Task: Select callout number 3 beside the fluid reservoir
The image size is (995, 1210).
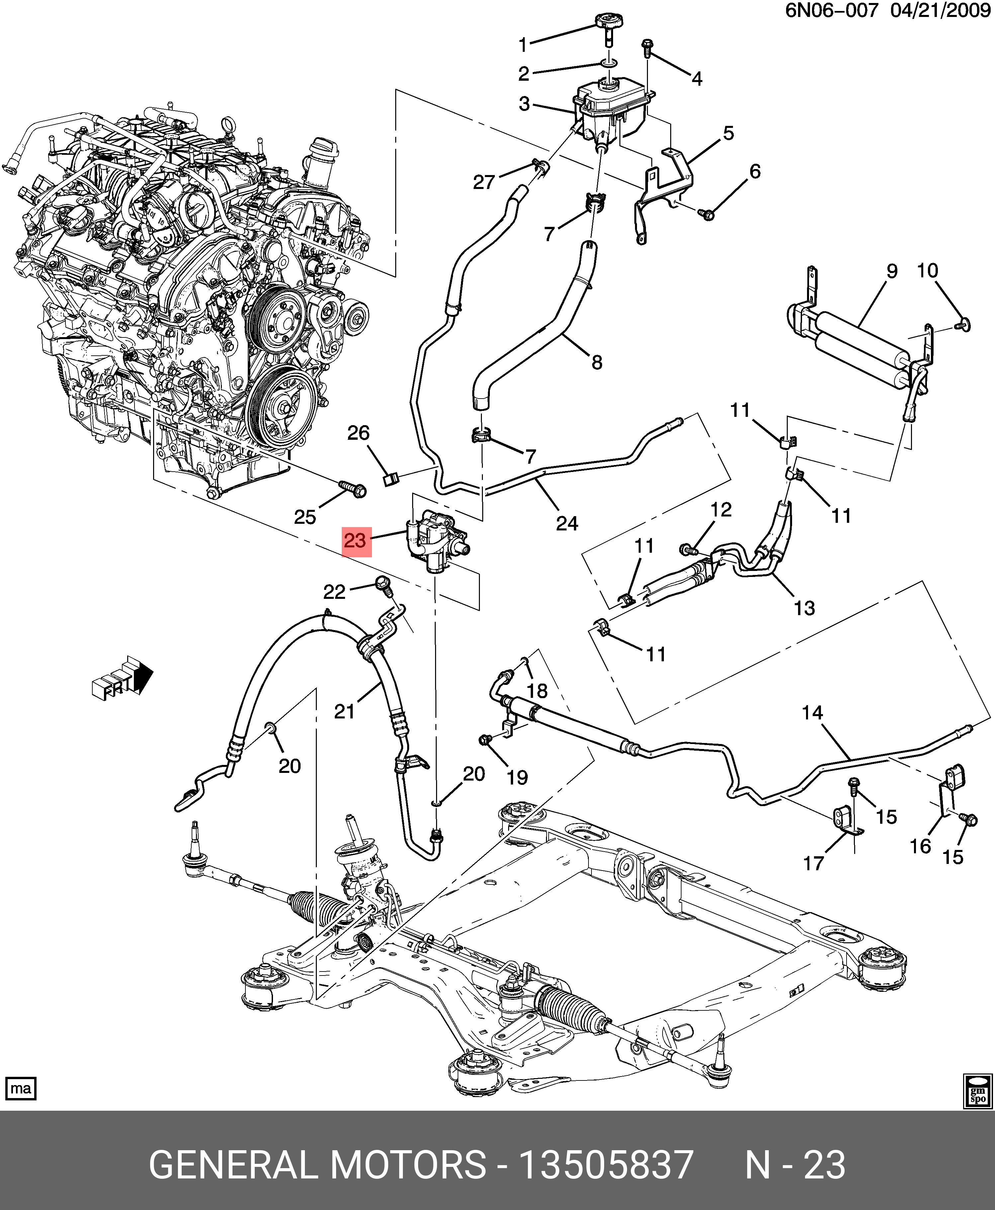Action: (x=524, y=104)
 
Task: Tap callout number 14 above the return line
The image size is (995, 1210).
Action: (x=812, y=713)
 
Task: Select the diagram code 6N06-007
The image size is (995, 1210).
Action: (x=831, y=12)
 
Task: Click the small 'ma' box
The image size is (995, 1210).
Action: (x=21, y=1088)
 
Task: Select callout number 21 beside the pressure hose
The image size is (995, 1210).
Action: (x=344, y=711)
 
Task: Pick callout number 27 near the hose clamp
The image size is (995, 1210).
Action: (x=484, y=182)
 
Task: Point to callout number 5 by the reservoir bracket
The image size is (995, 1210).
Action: (x=729, y=133)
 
